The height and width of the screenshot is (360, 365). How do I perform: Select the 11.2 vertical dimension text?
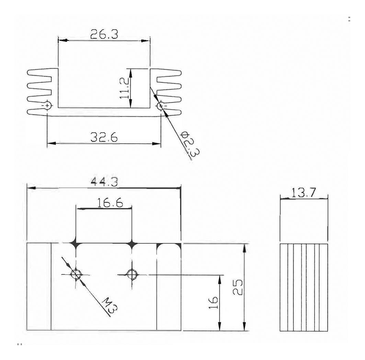tap(124, 88)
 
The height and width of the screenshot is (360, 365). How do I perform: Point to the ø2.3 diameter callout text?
tap(187, 143)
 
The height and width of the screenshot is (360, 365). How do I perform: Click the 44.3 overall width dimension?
tap(104, 182)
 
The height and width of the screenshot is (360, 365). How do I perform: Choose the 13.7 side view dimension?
tap(304, 193)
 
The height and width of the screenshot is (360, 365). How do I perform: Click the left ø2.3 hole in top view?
tap(47, 105)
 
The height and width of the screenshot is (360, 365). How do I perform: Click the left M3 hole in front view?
tap(76, 274)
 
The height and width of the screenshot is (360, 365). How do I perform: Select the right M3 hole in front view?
tap(132, 274)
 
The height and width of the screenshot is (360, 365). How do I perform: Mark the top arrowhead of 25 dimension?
tap(244, 247)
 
